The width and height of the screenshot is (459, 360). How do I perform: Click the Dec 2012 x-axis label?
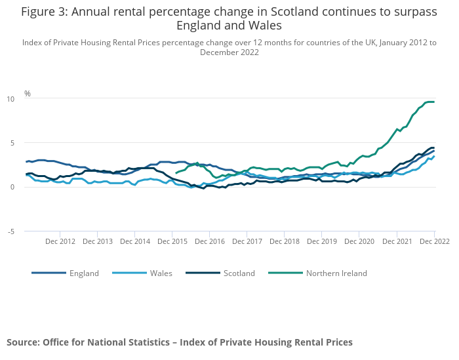click(x=60, y=241)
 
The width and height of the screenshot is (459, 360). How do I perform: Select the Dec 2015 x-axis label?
click(x=172, y=241)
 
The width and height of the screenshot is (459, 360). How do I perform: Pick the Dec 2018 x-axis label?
click(x=285, y=241)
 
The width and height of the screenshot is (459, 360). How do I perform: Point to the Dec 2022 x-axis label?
click(x=434, y=241)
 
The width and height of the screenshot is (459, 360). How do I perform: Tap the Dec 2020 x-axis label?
click(x=359, y=241)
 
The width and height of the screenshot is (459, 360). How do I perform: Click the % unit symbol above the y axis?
click(x=28, y=94)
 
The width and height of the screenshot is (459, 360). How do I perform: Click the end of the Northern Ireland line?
click(x=434, y=102)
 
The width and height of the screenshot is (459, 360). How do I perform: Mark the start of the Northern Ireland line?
click(x=176, y=172)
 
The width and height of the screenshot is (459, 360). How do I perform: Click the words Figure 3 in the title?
click(x=46, y=11)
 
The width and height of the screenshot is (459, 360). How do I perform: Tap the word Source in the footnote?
click(x=22, y=342)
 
